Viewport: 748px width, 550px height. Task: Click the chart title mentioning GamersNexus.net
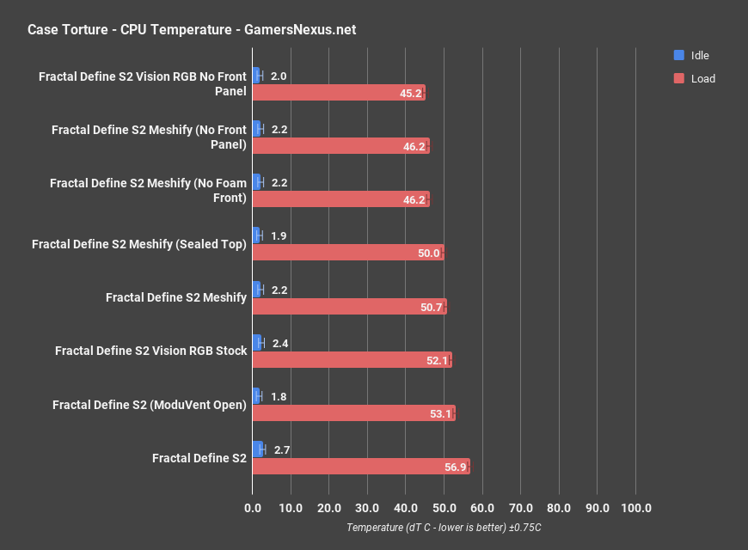(192, 30)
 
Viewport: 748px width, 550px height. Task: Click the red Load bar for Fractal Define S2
(360, 467)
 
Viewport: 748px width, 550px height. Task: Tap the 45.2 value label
(411, 93)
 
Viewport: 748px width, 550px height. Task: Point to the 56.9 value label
(456, 467)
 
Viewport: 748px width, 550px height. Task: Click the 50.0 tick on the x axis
(444, 508)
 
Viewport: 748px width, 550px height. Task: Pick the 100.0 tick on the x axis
(635, 508)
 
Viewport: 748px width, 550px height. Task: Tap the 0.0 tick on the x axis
(253, 508)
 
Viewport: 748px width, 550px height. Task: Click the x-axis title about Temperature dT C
(444, 528)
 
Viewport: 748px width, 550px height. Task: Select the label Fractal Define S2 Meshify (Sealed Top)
(139, 244)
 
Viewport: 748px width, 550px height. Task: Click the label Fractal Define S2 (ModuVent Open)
(150, 405)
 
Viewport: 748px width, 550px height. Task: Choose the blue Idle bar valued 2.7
(257, 449)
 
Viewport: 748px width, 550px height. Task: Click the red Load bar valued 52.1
(351, 360)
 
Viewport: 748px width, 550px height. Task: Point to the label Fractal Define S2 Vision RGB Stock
(150, 351)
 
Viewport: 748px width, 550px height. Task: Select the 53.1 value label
(441, 413)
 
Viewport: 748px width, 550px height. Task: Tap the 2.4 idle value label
(280, 343)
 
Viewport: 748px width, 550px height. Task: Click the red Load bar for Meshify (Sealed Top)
(347, 253)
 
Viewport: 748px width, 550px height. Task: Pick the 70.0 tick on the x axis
(520, 508)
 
